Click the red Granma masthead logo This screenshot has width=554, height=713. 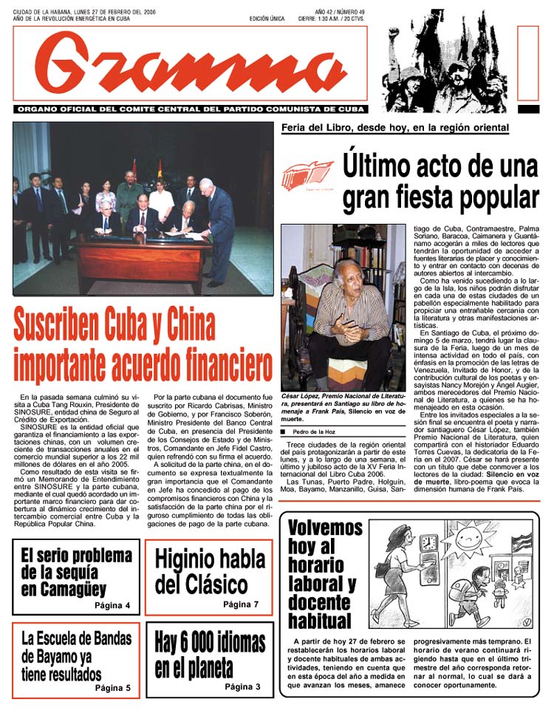(x=190, y=65)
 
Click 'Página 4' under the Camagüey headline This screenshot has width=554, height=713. (x=112, y=606)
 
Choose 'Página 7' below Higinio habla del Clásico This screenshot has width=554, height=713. (x=241, y=604)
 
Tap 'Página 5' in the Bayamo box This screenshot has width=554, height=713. (x=112, y=688)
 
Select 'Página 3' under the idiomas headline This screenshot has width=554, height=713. (x=242, y=687)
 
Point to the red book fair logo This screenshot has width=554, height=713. (x=307, y=177)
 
